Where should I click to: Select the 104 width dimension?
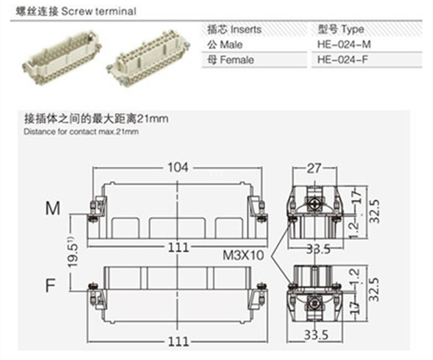(x=178, y=167)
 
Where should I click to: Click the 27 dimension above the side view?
(x=314, y=168)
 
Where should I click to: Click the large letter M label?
(x=53, y=208)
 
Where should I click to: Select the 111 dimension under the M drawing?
(x=178, y=247)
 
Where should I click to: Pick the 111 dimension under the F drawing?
(x=178, y=342)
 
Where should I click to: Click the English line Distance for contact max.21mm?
(x=81, y=132)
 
